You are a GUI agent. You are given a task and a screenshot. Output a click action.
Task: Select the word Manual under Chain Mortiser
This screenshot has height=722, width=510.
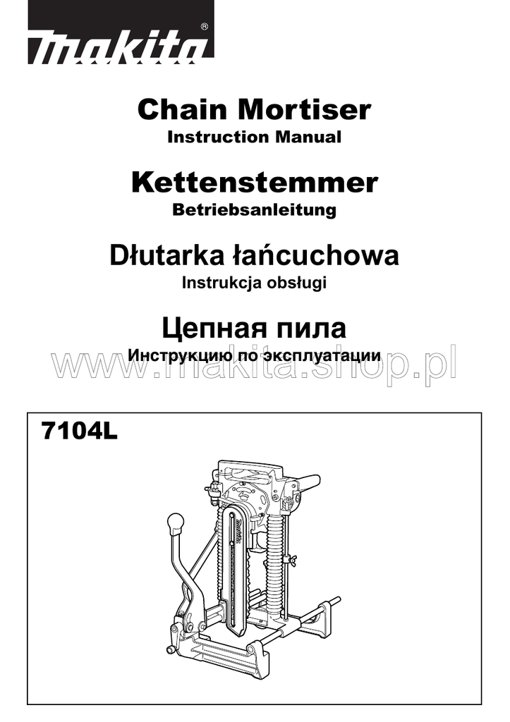pyautogui.click(x=308, y=137)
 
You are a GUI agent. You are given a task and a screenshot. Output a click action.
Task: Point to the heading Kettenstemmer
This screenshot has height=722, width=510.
pyautogui.click(x=254, y=183)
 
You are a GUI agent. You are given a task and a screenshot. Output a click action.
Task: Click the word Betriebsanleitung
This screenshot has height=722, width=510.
pyautogui.click(x=254, y=210)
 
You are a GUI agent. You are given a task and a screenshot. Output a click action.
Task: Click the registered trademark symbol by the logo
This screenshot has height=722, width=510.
pyautogui.click(x=204, y=26)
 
